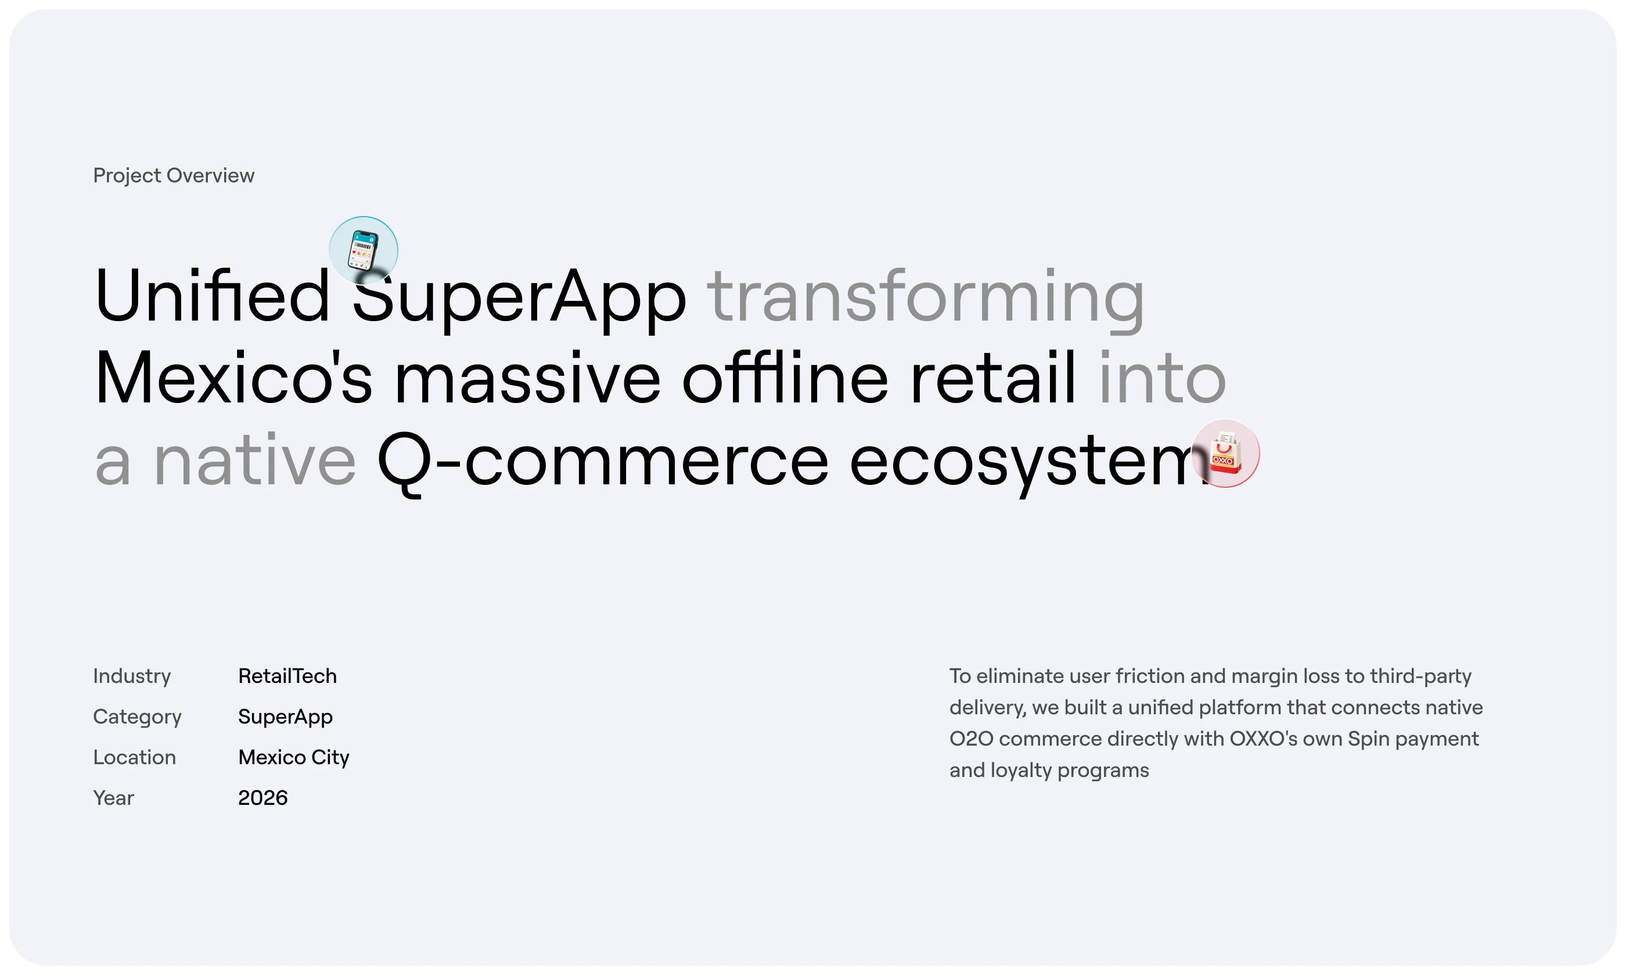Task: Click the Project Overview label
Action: (x=174, y=175)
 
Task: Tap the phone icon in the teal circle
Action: (x=364, y=250)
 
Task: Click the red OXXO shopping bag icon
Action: (x=1225, y=453)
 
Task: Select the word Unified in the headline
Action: (x=211, y=295)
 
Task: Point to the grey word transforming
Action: (x=926, y=299)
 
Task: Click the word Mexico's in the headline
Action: (x=234, y=378)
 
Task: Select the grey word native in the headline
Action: (x=255, y=459)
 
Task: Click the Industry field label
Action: (x=132, y=676)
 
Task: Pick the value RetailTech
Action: (x=287, y=676)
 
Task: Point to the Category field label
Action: (x=137, y=717)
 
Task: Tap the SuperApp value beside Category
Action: (x=285, y=717)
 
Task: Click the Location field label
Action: (x=135, y=758)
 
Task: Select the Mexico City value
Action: (x=294, y=758)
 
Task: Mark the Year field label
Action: (x=114, y=798)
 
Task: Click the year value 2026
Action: (x=263, y=798)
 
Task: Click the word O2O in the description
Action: (x=971, y=739)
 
